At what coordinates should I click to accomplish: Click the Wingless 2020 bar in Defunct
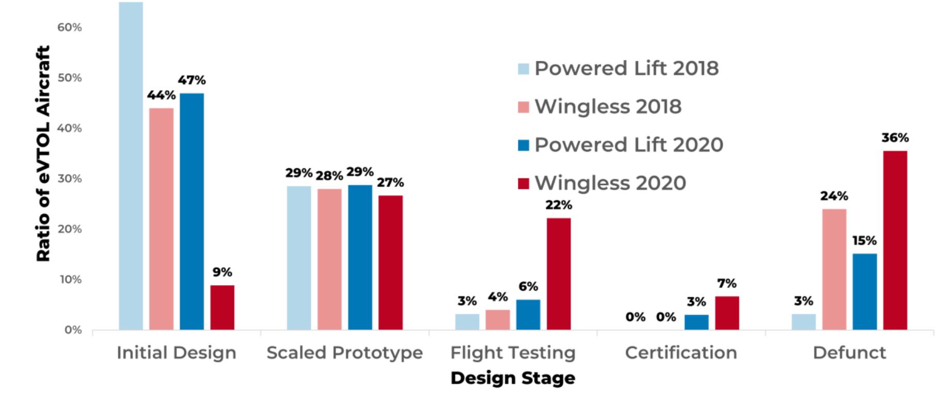pyautogui.click(x=895, y=240)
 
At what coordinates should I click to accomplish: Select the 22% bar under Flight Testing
pyautogui.click(x=559, y=274)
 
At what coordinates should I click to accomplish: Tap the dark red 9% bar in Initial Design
pyautogui.click(x=222, y=307)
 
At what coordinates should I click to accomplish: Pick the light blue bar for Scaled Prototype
pyautogui.click(x=299, y=258)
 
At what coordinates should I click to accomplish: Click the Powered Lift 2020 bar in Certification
pyautogui.click(x=696, y=322)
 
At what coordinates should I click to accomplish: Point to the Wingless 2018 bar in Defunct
pyautogui.click(x=834, y=269)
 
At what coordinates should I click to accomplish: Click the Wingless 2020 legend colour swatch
pyautogui.click(x=523, y=183)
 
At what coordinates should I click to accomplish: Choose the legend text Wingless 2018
pyautogui.click(x=608, y=106)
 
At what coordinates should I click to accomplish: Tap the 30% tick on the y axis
pyautogui.click(x=69, y=179)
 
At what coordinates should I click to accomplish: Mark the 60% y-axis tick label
pyautogui.click(x=69, y=27)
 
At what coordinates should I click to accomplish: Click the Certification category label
pyautogui.click(x=681, y=353)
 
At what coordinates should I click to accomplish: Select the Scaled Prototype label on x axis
pyautogui.click(x=344, y=353)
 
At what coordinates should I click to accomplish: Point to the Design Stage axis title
pyautogui.click(x=513, y=378)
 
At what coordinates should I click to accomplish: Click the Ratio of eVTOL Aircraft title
pyautogui.click(x=43, y=153)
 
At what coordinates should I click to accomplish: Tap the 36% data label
pyautogui.click(x=895, y=138)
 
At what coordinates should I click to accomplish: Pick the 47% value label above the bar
pyautogui.click(x=192, y=80)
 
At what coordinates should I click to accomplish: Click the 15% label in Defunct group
pyautogui.click(x=864, y=241)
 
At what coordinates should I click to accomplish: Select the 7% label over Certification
pyautogui.click(x=727, y=283)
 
